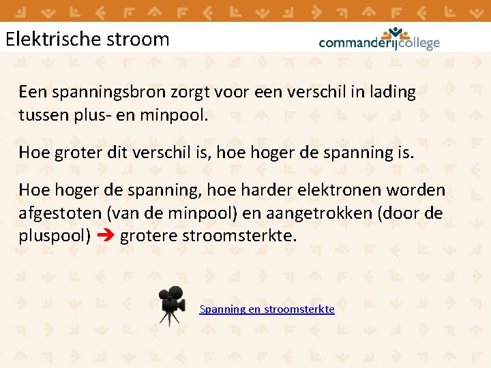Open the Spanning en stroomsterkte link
(x=267, y=309)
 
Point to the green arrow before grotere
(x=106, y=236)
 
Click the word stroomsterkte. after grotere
(x=241, y=236)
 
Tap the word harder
(x=272, y=190)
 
